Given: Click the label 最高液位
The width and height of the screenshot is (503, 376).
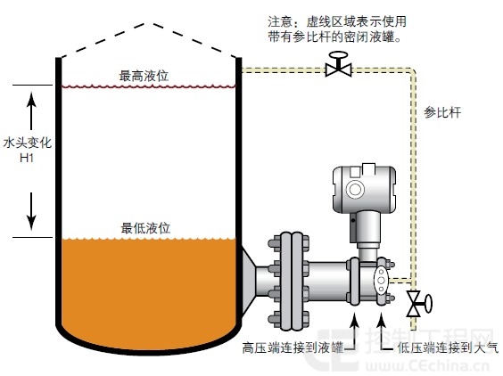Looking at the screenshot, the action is coord(144,76).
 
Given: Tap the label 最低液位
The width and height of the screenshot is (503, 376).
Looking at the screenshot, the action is coord(145,228).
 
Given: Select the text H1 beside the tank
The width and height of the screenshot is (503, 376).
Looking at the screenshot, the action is coord(27,158).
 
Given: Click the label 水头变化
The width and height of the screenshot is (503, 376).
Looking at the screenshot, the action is coord(28,143).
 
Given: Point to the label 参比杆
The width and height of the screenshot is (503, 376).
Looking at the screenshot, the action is coord(442,112).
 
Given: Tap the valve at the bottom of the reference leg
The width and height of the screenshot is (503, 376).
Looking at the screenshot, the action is coord(418,303).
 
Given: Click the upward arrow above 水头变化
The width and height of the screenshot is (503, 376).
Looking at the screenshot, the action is coord(31,110).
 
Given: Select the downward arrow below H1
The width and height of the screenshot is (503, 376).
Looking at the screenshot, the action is coord(31,211).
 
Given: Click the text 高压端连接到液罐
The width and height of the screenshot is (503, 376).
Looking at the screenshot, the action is coord(293,347).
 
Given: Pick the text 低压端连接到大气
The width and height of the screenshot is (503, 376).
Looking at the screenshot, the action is coord(448,347).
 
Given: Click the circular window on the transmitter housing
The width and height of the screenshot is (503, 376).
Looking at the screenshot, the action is coord(355,189).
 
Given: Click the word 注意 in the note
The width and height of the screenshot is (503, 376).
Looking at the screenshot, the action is coord(280,21).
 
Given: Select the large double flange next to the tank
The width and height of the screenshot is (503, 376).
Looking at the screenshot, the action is coord(288,281).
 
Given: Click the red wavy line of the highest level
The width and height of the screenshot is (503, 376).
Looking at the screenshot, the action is coord(149,86).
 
